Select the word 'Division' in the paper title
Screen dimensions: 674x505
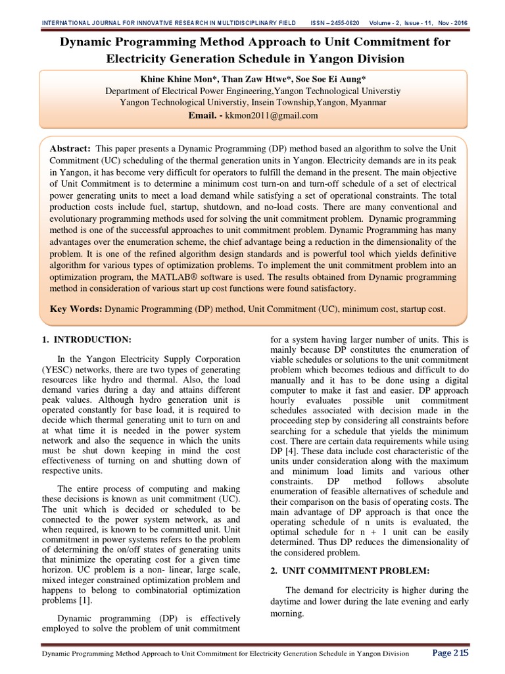373,59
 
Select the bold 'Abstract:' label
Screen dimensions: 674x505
72,149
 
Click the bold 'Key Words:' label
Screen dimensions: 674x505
76,308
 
